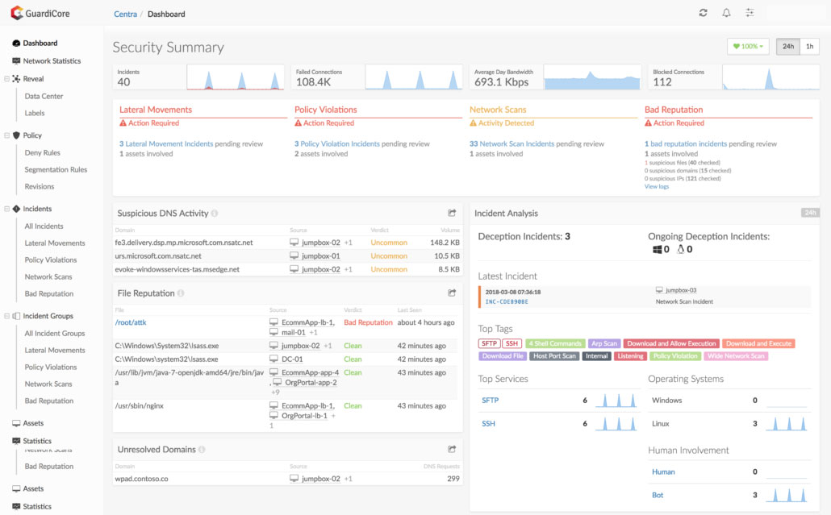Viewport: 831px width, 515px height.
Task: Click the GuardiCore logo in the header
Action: [x=40, y=13]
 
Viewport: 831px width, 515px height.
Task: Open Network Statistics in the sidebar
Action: [x=52, y=61]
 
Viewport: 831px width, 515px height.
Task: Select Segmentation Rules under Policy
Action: [x=56, y=170]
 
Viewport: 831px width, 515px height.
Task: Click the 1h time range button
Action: [x=810, y=47]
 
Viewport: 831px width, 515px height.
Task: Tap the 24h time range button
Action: [x=787, y=47]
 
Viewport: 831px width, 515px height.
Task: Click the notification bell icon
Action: [x=726, y=13]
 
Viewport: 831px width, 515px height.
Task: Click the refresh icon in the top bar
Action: [x=703, y=13]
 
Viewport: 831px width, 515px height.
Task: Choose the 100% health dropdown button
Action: [x=748, y=47]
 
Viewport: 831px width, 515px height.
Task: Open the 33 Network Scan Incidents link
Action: [x=512, y=144]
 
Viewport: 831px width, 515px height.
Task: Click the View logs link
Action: [x=656, y=186]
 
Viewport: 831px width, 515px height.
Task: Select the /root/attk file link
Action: [x=131, y=322]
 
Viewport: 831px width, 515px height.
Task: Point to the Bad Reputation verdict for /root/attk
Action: [x=368, y=322]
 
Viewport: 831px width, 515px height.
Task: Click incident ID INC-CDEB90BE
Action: [x=507, y=301]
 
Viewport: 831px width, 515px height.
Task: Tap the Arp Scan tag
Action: [x=603, y=344]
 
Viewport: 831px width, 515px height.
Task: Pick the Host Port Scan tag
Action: [x=554, y=356]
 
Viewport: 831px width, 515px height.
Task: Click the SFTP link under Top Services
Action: [x=491, y=400]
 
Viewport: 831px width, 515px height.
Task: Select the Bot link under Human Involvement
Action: [x=658, y=495]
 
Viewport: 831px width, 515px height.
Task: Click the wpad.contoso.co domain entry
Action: [x=141, y=479]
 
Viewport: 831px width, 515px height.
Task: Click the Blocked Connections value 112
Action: [x=662, y=82]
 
